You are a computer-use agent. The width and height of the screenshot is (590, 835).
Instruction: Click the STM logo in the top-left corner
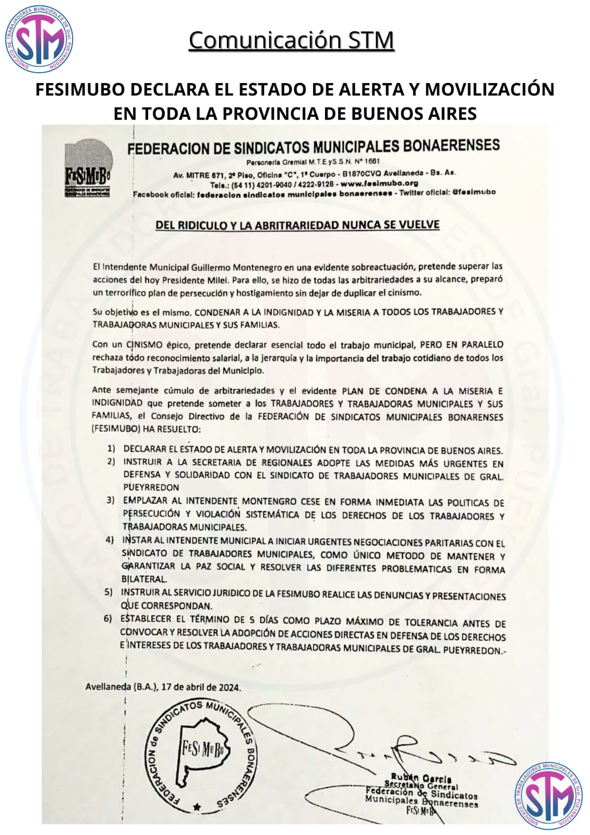point(40,41)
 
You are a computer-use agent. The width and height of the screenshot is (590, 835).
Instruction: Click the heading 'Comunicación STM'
point(291,40)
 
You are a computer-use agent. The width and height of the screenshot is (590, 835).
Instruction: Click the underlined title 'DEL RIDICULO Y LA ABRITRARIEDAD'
point(297,225)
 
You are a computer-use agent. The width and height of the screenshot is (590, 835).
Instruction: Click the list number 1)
point(111,449)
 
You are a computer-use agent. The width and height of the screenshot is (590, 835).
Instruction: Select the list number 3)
point(111,500)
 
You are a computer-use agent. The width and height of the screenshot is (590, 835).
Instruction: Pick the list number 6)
point(108,619)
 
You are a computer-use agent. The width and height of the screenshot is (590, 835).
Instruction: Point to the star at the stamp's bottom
point(197,807)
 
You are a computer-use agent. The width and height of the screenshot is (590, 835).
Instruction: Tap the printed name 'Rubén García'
point(421,778)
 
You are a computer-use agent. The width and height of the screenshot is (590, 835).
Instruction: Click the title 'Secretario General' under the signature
point(421,786)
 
